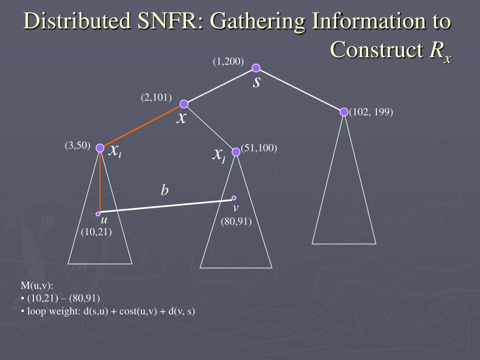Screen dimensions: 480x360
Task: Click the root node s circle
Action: point(256,68)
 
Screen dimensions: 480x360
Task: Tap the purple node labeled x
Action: point(184,104)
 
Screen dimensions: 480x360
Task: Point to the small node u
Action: point(98,214)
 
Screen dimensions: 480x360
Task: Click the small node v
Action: point(234,198)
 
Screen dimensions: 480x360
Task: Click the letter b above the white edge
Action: point(165,190)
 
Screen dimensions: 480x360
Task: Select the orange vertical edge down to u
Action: point(100,183)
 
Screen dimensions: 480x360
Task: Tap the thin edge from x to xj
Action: point(210,128)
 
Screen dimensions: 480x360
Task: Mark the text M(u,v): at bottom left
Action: point(37,286)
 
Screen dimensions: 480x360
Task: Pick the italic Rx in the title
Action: point(441,51)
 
